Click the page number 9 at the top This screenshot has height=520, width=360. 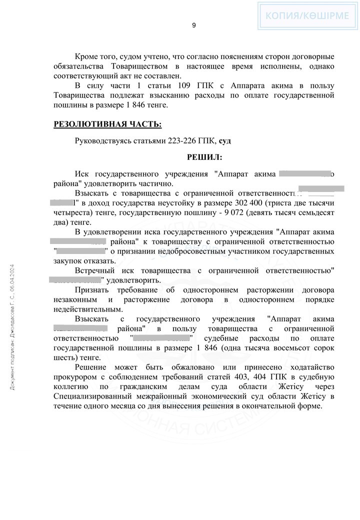tap(194, 25)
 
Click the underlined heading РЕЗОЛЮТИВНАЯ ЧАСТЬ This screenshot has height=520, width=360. tap(107, 124)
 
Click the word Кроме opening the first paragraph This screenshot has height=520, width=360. tap(86, 57)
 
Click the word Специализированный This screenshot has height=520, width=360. tap(98, 382)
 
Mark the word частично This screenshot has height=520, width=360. tap(156, 183)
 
